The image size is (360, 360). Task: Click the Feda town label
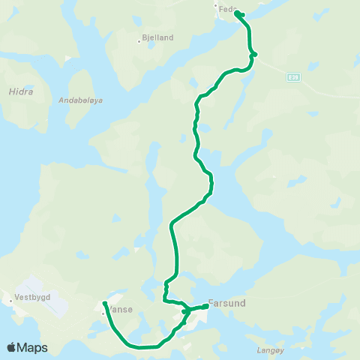(227, 10)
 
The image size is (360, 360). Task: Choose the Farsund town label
(226, 304)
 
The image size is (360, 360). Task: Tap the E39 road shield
(293, 76)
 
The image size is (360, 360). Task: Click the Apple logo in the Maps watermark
(12, 347)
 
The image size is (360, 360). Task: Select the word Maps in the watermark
(32, 348)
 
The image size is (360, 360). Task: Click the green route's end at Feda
(236, 13)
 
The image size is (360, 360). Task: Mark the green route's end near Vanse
(104, 303)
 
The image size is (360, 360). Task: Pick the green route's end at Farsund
(206, 306)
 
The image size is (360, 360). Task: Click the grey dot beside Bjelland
(139, 41)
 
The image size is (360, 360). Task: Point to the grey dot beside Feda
(216, 7)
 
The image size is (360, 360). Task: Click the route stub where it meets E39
(256, 54)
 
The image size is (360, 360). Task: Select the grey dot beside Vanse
(103, 312)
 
